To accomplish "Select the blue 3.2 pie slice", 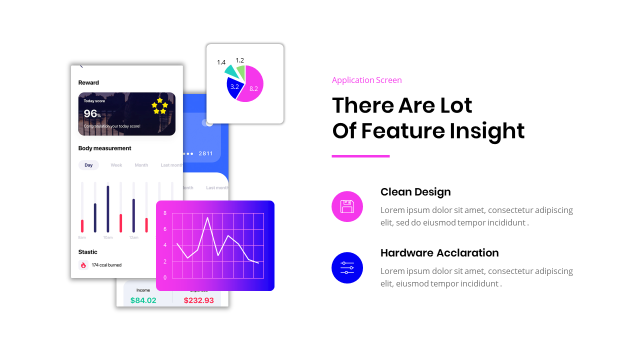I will point(234,87).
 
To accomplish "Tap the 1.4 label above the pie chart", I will point(221,62).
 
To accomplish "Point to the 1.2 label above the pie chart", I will point(239,60).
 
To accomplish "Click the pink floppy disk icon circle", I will point(347,206).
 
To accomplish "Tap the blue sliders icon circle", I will point(347,267).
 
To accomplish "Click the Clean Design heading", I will point(415,192).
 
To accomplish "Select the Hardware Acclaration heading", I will point(439,253).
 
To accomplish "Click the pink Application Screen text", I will point(366,80).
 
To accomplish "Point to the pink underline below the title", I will point(360,156).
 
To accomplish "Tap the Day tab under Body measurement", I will point(88,165).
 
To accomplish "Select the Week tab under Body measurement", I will point(116,165).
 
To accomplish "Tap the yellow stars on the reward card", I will point(159,106).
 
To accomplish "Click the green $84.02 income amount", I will point(143,300).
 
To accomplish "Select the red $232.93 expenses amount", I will point(198,300).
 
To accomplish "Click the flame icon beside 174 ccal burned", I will point(83,265).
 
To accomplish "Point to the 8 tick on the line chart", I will point(165,213).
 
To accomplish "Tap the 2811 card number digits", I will point(205,153).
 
